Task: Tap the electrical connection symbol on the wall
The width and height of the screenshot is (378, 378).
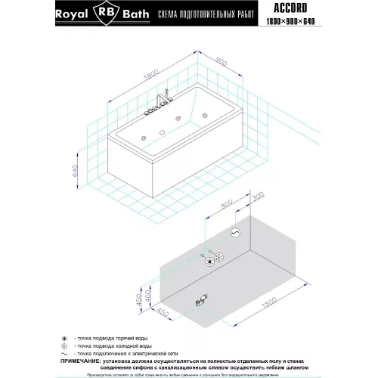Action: tap(235, 231)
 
